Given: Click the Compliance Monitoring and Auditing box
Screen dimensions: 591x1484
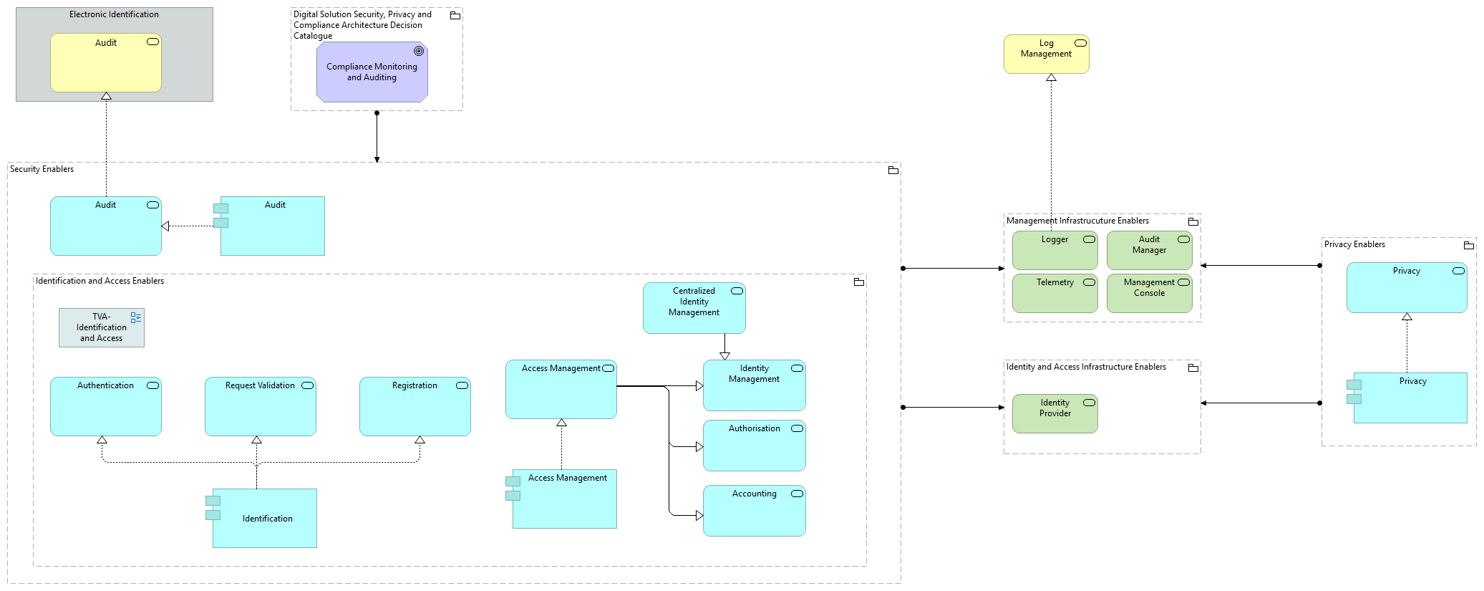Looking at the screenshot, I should point(372,72).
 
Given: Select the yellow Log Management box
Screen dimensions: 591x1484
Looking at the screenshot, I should point(1046,54).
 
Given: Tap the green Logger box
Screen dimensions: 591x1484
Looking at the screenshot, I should point(1054,251).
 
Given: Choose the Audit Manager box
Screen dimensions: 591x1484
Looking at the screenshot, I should point(1149,251).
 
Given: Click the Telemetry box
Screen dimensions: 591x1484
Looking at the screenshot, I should point(1054,294).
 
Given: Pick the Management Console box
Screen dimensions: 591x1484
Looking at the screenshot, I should point(1149,294).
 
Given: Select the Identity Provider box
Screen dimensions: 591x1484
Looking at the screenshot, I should point(1054,413).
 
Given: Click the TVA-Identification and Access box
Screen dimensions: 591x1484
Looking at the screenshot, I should point(101,327).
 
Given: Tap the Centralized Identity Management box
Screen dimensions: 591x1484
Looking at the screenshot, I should point(694,308).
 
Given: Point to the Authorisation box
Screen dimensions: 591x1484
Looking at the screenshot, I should point(754,446).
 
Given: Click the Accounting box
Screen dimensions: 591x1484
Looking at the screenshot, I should point(754,511).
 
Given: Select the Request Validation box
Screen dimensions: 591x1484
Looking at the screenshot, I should point(260,407).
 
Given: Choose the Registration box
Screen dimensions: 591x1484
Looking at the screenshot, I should point(414,407).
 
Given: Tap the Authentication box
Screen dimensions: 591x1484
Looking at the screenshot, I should point(105,407).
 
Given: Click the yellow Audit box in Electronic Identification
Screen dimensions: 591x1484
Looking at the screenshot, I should point(105,63).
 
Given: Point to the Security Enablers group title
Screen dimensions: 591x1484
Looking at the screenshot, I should point(42,169).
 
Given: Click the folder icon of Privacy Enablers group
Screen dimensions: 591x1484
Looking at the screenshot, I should point(1468,245).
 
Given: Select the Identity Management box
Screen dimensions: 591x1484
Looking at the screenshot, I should point(754,385).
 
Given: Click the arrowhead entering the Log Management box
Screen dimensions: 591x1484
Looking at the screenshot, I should point(1051,77).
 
